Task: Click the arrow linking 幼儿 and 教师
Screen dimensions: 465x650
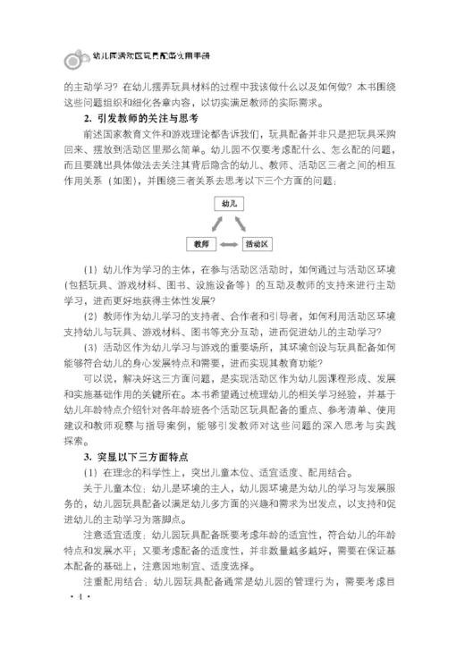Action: point(212,223)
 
